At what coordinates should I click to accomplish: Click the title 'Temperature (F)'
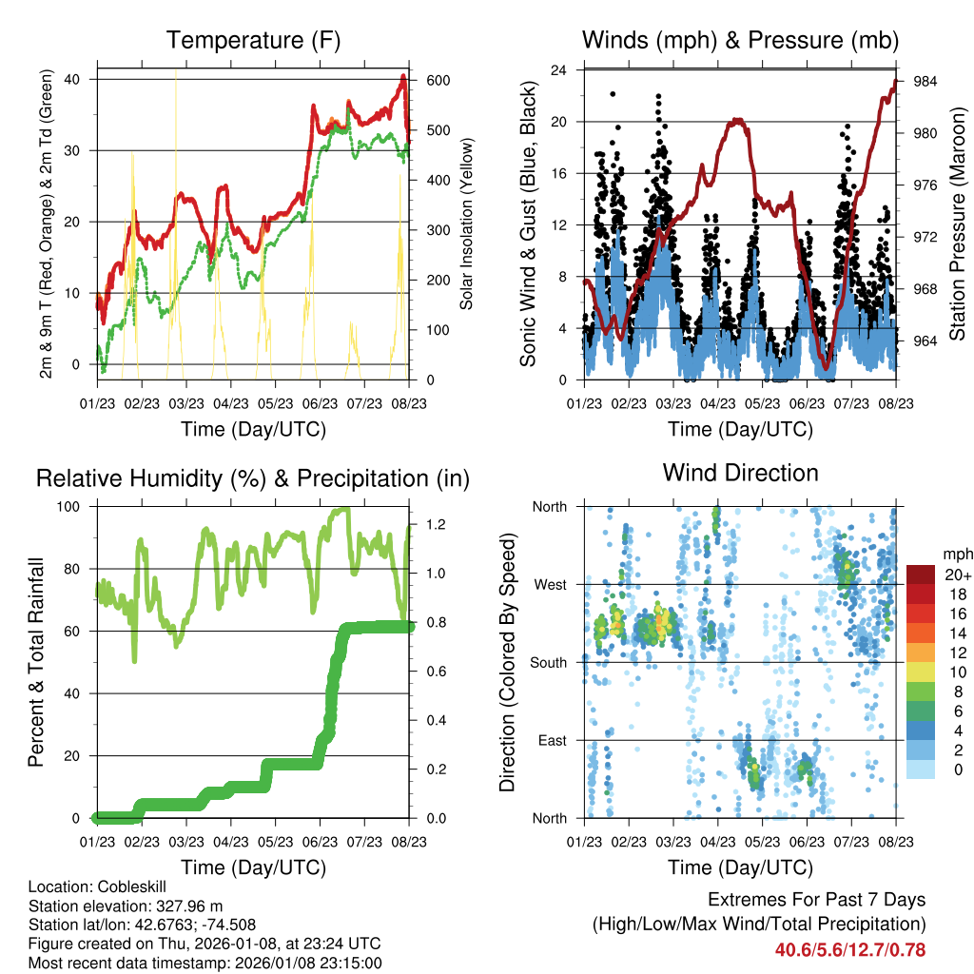coord(253,40)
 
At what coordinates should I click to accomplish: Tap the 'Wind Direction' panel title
coord(740,473)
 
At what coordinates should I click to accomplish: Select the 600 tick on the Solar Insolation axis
coord(437,80)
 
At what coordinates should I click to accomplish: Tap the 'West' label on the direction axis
coord(550,584)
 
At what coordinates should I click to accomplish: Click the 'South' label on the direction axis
coord(548,662)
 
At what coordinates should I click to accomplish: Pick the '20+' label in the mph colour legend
coord(957,575)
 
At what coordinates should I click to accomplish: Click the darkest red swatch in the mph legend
coord(921,575)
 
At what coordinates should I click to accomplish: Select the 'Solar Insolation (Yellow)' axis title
coord(467,224)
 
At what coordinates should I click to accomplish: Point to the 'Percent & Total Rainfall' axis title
coord(37,662)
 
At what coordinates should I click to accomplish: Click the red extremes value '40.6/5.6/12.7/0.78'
coord(850,949)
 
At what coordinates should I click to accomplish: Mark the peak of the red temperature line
coord(403,75)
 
